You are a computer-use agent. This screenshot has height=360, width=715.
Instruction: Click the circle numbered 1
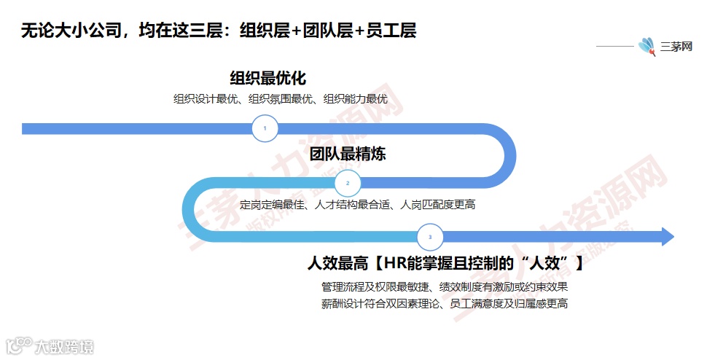265,129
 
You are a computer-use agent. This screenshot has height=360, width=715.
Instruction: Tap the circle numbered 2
348,183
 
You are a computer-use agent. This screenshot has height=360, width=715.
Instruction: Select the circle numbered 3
430,237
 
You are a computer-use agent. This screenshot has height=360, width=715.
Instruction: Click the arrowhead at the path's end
667,237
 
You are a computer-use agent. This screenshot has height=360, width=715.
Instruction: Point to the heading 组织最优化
267,78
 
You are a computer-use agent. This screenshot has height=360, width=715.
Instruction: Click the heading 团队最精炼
348,154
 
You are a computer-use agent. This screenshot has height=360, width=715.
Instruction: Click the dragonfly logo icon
646,47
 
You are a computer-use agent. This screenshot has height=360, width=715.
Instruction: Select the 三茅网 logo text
676,47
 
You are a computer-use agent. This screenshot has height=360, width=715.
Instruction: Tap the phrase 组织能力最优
355,99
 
